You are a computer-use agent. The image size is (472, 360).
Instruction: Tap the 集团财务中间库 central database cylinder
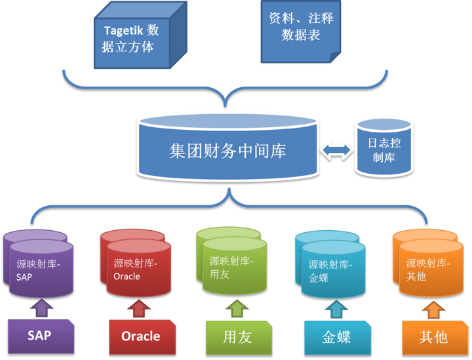(x=227, y=151)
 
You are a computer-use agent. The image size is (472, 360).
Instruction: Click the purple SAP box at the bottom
(x=39, y=335)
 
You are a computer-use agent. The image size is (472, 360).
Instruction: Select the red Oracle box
(x=140, y=336)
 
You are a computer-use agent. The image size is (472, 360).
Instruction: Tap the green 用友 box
(x=237, y=336)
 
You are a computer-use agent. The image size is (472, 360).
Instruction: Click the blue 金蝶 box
(x=336, y=336)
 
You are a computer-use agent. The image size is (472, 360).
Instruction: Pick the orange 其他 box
(x=433, y=336)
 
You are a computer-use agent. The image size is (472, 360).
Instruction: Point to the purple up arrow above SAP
(x=41, y=307)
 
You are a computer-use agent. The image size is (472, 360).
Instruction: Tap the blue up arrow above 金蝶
(x=334, y=308)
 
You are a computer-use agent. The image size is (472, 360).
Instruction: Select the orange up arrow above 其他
(x=431, y=308)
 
